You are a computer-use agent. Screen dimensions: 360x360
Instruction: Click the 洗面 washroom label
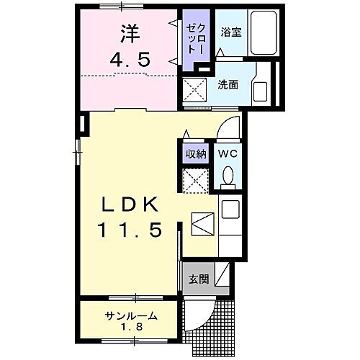point(228,84)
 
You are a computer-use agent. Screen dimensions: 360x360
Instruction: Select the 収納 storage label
point(196,154)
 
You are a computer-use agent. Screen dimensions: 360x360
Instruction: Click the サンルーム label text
point(130,316)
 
